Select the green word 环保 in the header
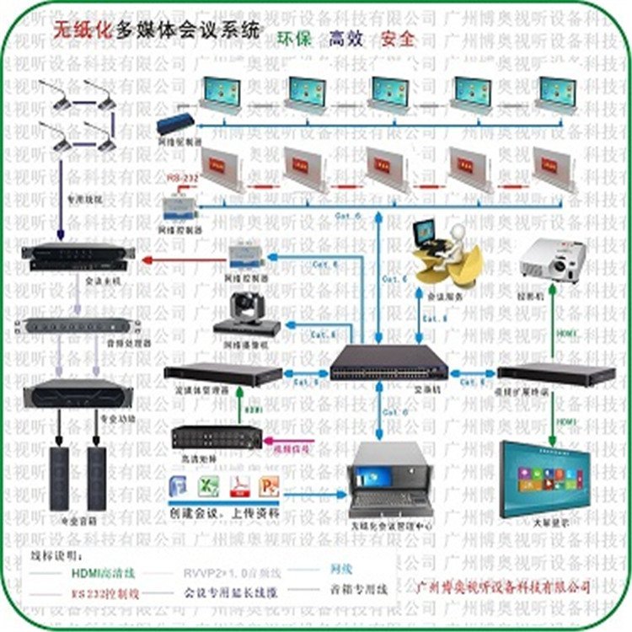point(295,39)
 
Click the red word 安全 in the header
point(397,39)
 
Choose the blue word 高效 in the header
point(346,39)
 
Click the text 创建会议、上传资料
point(224,513)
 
